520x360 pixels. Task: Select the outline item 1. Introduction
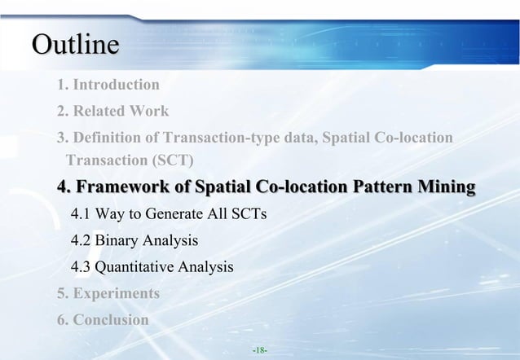tap(108, 84)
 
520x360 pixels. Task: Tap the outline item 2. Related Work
tap(112, 111)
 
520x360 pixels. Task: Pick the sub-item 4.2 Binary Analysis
tap(134, 241)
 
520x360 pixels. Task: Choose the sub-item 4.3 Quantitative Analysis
tap(152, 267)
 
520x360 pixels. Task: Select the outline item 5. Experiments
tap(108, 293)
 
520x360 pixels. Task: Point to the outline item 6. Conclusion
tap(103, 319)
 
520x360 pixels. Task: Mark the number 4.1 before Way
tap(81, 215)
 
